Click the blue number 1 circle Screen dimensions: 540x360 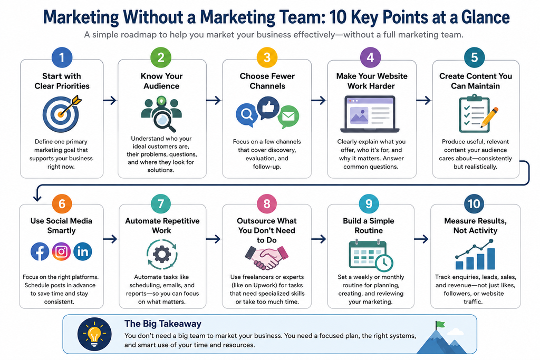pos(62,57)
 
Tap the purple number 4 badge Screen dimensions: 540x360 pos(370,57)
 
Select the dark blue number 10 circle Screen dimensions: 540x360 pos(474,204)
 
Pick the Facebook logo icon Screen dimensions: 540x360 pos(40,251)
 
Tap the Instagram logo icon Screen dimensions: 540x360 pos(61,251)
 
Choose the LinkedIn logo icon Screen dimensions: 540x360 pos(83,251)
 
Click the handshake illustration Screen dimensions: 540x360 pos(266,257)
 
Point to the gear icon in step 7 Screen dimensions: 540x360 pos(162,255)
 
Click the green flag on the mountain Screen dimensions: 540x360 pos(440,324)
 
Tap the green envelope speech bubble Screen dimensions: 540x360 pos(288,116)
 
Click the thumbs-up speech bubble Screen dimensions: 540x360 pos(268,108)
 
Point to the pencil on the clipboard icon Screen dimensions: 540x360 pos(489,118)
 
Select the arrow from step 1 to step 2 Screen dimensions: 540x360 pos(110,101)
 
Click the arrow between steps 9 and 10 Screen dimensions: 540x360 pos(421,239)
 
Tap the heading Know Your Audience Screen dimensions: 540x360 pos(161,81)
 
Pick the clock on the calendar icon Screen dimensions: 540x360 pos(384,263)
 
